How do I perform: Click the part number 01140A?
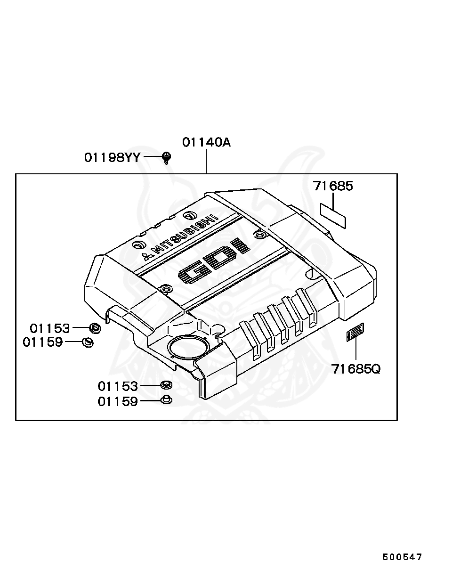(x=206, y=142)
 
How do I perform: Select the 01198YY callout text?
(x=112, y=157)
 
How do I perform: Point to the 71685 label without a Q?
(x=333, y=186)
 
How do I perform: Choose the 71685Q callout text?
(x=355, y=369)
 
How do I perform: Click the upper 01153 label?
(x=50, y=328)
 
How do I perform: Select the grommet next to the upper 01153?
(x=95, y=328)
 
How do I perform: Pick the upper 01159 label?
(x=43, y=342)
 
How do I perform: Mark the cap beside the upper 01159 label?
(x=88, y=342)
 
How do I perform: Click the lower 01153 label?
(x=118, y=386)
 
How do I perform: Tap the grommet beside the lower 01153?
(x=166, y=385)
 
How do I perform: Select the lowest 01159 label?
(x=118, y=401)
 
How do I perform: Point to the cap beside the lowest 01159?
(x=166, y=401)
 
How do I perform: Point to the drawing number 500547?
(x=402, y=557)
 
